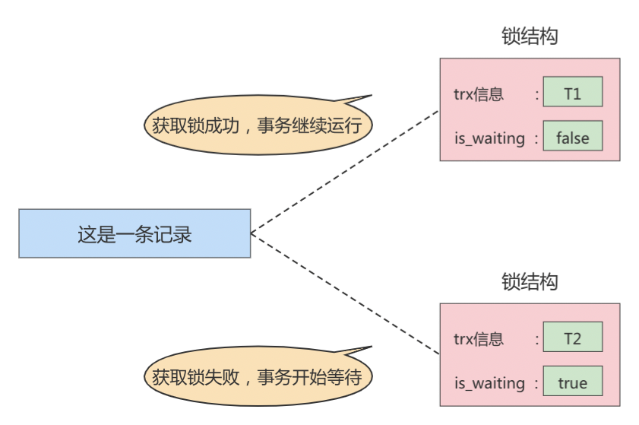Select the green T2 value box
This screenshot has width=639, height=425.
point(572,338)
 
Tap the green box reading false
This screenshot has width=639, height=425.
point(572,138)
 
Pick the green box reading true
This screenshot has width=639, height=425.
point(572,382)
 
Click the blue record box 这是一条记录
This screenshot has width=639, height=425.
point(134,233)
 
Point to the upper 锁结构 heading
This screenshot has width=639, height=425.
point(530,36)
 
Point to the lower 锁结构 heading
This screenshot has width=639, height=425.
point(530,281)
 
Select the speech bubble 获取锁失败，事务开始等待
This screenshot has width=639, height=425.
point(257,376)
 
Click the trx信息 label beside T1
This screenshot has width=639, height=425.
point(478,94)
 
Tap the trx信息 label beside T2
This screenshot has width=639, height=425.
point(478,339)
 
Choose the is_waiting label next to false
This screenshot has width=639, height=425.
point(489,138)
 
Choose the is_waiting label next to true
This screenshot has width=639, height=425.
point(489,383)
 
